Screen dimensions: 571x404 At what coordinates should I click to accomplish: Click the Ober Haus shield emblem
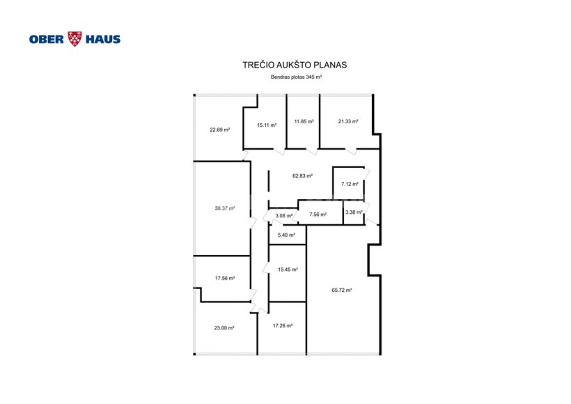pos(75,39)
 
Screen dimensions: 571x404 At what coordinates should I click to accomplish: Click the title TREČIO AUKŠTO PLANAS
pos(295,65)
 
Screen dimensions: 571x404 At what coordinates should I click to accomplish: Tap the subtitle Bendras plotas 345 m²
pos(296,77)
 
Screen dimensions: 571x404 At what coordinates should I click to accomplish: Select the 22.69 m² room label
pos(219,130)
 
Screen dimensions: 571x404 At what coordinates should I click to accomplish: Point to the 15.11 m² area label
pos(267,125)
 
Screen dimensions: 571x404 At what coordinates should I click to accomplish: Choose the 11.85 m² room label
pos(304,122)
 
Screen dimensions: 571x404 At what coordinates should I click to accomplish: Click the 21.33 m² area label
pos(348,122)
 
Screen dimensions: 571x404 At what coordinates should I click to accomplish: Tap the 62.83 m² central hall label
pos(303,176)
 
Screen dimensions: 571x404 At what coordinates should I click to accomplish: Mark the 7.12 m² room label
pos(350,185)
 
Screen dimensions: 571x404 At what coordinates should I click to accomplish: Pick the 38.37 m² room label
pos(225,209)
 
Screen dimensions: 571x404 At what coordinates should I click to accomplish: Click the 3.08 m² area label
pos(284,216)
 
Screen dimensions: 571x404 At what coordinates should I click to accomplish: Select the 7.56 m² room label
pos(318,215)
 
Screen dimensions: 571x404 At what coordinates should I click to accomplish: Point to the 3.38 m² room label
pos(354,212)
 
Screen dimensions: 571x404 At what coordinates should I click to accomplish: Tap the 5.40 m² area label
pos(286,235)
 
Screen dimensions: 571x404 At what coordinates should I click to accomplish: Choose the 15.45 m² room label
pos(288,270)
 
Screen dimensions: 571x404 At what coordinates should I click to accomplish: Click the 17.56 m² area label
pos(225,279)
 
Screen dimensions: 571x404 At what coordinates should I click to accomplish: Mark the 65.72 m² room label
pos(342,290)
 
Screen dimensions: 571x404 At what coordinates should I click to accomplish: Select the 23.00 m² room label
pos(224,328)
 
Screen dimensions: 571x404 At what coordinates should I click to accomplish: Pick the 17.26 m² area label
pos(283,326)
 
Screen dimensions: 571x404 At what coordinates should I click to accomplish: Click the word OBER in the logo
pos(47,39)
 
